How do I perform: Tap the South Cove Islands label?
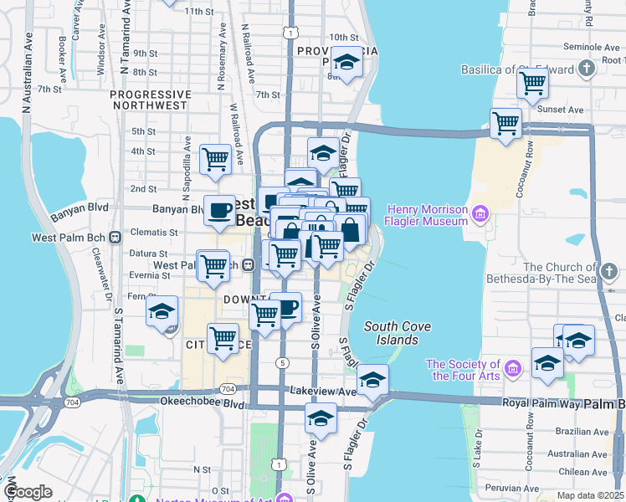[392, 333]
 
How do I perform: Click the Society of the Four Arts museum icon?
[514, 365]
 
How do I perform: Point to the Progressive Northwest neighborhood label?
[150, 100]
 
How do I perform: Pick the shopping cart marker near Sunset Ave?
[506, 123]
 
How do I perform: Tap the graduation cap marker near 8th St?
[346, 62]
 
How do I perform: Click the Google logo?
[28, 492]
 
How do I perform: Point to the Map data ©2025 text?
[590, 495]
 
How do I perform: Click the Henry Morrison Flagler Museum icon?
[480, 214]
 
